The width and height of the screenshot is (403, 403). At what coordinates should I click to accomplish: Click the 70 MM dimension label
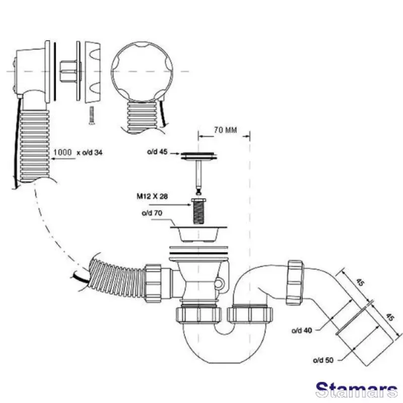[224, 129]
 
